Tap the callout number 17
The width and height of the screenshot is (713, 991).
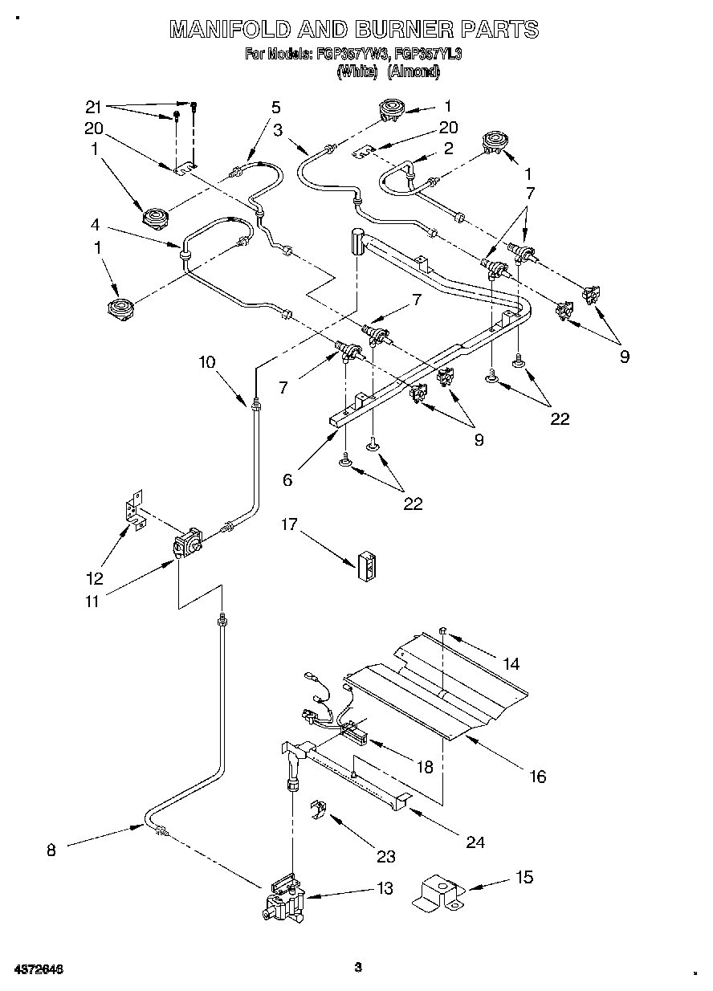(289, 524)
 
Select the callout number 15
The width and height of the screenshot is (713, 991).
(525, 877)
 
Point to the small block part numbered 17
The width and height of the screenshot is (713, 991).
(367, 565)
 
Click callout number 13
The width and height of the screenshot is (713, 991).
(385, 888)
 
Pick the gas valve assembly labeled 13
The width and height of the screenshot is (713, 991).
(281, 904)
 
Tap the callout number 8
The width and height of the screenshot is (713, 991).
(51, 850)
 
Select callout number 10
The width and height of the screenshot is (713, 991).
(207, 362)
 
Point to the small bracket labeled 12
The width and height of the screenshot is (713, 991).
(133, 511)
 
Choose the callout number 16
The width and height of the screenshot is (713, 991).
(537, 776)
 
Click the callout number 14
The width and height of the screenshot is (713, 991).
(511, 663)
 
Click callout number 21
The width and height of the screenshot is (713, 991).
(95, 107)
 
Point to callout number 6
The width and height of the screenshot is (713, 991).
(287, 480)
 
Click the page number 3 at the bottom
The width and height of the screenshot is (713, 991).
(359, 967)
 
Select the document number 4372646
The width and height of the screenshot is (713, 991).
(39, 969)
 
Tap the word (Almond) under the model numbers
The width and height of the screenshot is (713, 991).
(414, 72)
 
